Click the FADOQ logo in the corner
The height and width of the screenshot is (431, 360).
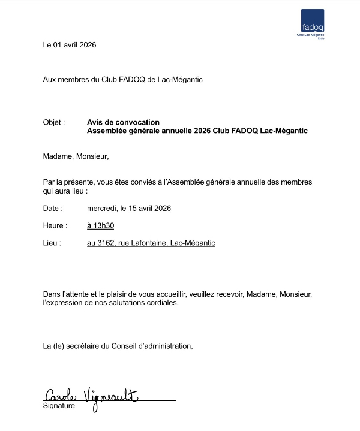[x=313, y=23]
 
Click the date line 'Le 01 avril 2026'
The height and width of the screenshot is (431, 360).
[x=70, y=45]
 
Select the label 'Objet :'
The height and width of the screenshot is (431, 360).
[x=54, y=122]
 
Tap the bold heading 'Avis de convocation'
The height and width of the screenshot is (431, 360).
[x=123, y=122]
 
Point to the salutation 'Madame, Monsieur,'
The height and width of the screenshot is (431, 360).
[x=76, y=156]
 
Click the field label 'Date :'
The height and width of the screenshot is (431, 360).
[x=53, y=209]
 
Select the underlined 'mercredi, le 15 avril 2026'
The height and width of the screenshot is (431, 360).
[x=129, y=209]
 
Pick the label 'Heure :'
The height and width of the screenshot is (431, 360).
[x=54, y=226]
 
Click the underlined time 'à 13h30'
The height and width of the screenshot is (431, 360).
[x=100, y=226]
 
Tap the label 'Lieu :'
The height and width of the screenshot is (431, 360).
[x=52, y=243]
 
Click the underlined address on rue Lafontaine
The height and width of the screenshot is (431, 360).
[x=151, y=243]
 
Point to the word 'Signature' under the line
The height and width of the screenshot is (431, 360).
[x=59, y=406]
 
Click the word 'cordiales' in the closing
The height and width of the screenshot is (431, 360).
[x=163, y=303]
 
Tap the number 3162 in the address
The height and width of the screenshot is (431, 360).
[x=106, y=243]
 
